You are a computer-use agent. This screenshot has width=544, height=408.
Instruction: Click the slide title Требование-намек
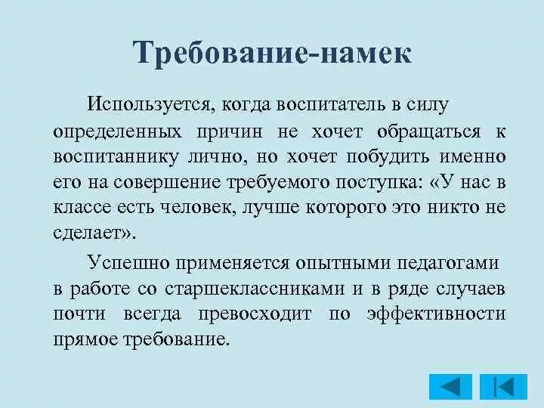click(272, 54)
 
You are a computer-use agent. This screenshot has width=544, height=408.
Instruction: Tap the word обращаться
click(428, 131)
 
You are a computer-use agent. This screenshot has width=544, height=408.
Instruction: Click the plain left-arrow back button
click(450, 387)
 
